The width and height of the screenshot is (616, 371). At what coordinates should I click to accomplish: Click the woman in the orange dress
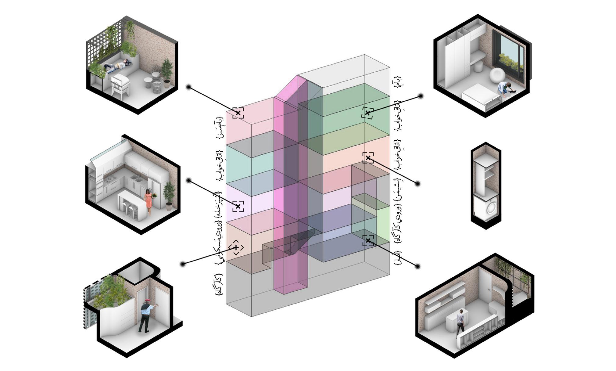tap(149, 201)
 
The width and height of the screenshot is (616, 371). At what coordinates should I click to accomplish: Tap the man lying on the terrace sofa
tap(117, 65)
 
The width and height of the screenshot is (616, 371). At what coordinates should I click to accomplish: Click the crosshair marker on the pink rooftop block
tap(238, 113)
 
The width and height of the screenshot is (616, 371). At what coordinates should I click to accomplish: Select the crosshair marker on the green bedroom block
tap(367, 113)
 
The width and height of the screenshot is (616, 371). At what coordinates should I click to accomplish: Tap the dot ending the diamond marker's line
tap(183, 264)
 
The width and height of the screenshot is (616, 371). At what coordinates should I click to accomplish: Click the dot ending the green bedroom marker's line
tap(421, 96)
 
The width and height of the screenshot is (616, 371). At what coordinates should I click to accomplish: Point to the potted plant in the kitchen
tap(168, 195)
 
